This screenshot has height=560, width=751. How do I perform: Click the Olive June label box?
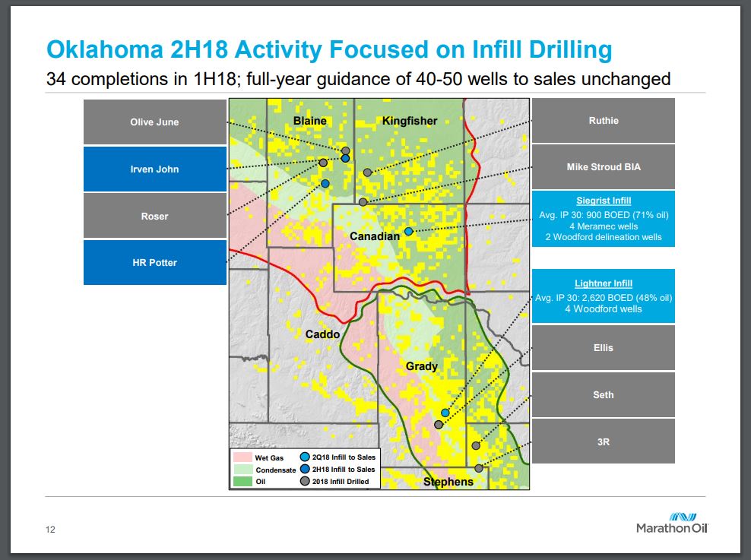[155, 122]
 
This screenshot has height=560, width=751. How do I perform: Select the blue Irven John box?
[155, 169]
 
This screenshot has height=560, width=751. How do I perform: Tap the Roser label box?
[155, 216]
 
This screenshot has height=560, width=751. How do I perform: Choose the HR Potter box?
[155, 262]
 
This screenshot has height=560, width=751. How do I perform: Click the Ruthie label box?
[604, 121]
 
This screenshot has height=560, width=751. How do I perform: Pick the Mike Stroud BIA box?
[604, 167]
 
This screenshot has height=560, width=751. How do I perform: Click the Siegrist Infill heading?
[604, 201]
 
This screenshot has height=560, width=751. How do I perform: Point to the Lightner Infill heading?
[604, 283]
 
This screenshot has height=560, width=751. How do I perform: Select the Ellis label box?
[604, 348]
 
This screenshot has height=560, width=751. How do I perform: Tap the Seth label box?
[604, 395]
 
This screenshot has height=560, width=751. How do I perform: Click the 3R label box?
[604, 441]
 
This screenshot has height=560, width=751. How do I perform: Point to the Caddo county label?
[322, 334]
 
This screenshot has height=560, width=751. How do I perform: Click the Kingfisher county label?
[410, 121]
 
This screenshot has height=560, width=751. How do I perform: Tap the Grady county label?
[421, 366]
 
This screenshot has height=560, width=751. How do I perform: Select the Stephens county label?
[448, 482]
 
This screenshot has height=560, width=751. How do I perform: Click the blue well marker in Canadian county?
[408, 232]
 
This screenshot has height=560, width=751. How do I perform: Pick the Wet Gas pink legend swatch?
[242, 457]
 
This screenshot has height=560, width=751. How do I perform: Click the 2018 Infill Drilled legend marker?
[305, 481]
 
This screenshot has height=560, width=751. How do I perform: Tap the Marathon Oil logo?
[672, 523]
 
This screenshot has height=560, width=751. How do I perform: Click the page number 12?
[50, 530]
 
